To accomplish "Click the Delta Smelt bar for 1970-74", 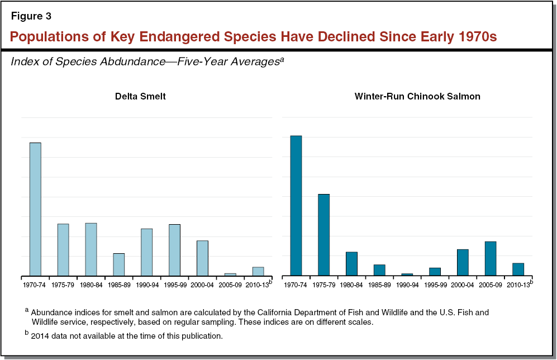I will pyautogui.click(x=35, y=209).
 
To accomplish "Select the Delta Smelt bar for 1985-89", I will pyautogui.click(x=119, y=264).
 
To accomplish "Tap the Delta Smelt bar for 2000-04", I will pyautogui.click(x=202, y=258).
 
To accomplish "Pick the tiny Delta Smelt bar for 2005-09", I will pyautogui.click(x=230, y=274).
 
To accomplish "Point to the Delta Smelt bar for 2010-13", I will pyautogui.click(x=258, y=271).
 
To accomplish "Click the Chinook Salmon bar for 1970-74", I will pyautogui.click(x=296, y=205).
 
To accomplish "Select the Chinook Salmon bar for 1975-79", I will pyautogui.click(x=323, y=235).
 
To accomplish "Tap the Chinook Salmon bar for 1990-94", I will pyautogui.click(x=407, y=274).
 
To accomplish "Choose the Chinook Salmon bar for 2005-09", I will pyautogui.click(x=491, y=258).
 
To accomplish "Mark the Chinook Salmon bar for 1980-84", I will pyautogui.click(x=351, y=263).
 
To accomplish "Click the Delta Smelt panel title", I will pyautogui.click(x=140, y=96).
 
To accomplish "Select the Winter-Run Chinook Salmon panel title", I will pyautogui.click(x=417, y=96).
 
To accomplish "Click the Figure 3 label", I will pyautogui.click(x=31, y=16).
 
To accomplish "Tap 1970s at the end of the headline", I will pyautogui.click(x=473, y=37).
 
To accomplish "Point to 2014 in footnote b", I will pyautogui.click(x=40, y=336).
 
